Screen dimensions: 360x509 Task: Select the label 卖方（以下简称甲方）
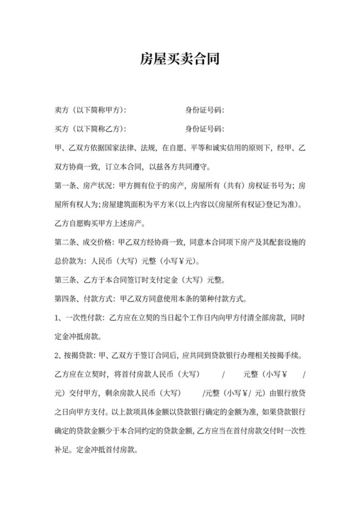click(x=91, y=110)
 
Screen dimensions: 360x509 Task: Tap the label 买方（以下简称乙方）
click(x=91, y=129)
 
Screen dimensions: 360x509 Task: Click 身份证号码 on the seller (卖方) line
click(x=204, y=110)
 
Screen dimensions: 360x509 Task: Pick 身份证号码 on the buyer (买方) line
click(x=204, y=129)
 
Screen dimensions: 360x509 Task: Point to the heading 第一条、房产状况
click(x=81, y=186)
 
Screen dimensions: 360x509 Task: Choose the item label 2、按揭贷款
click(x=75, y=355)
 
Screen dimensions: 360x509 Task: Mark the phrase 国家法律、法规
click(x=128, y=148)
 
